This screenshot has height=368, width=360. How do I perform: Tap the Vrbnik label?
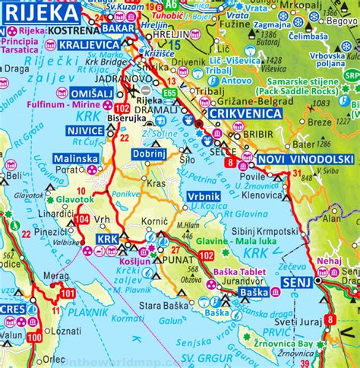pos(204,195)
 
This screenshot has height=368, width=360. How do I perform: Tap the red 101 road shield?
pos(68,292)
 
